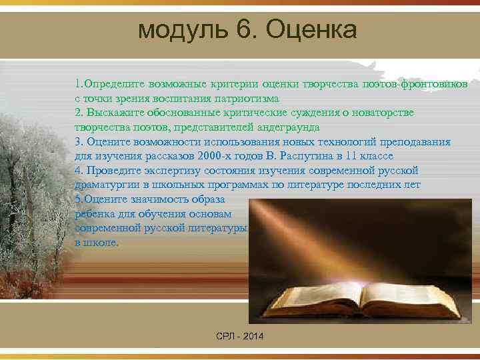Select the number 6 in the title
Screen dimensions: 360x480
(x=237, y=30)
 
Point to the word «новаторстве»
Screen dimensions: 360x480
(x=380, y=113)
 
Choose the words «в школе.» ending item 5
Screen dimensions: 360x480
(x=97, y=243)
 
